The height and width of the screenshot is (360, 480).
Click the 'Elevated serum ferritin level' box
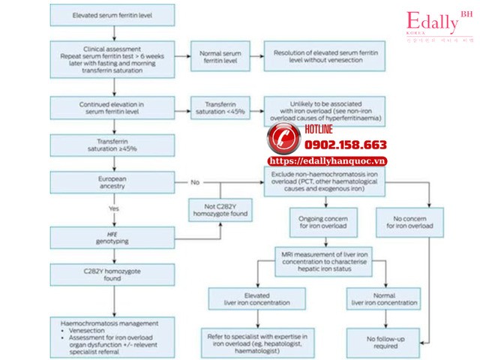pyautogui.click(x=113, y=15)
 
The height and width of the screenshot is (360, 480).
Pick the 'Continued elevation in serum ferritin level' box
pyautogui.click(x=113, y=107)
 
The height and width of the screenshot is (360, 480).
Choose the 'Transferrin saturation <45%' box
pyautogui.click(x=220, y=107)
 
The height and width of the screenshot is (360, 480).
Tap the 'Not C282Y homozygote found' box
pyautogui.click(x=220, y=210)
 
